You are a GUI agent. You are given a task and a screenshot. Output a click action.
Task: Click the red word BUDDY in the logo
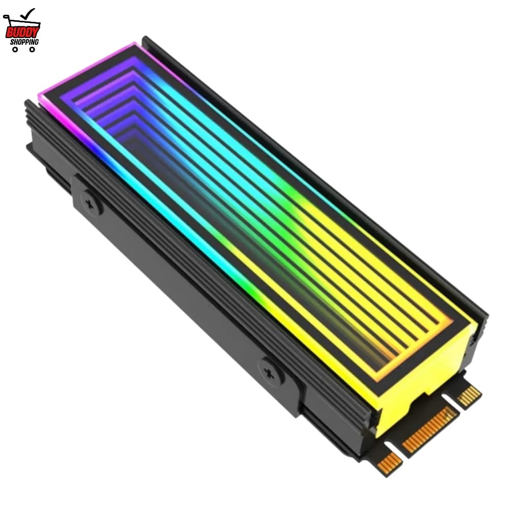[x=22, y=31]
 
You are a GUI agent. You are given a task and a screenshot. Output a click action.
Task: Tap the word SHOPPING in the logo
[x=24, y=42]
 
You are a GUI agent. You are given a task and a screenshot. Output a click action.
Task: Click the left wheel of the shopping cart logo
[x=15, y=50]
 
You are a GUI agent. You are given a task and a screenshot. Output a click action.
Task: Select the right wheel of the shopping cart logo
[x=32, y=50]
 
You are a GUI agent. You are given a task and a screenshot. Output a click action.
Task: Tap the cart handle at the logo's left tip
[x=6, y=18]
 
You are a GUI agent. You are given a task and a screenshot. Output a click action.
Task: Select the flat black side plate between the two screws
[x=178, y=284]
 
